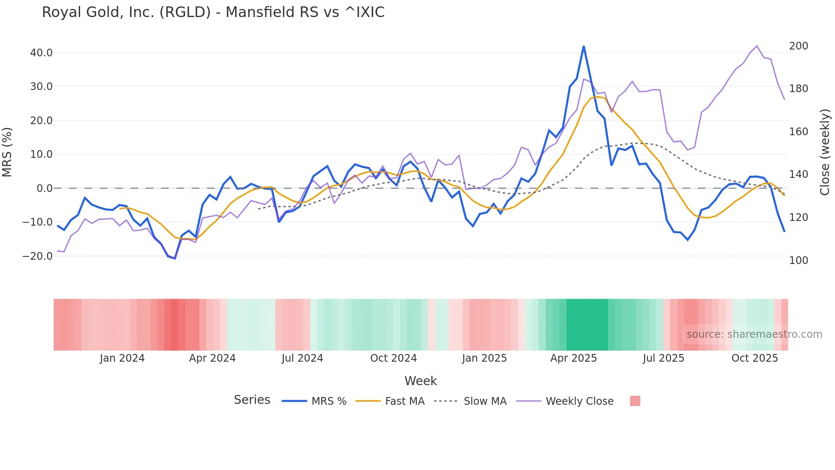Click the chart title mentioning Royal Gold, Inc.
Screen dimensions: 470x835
pos(213,12)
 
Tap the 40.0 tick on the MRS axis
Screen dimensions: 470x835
pos(41,53)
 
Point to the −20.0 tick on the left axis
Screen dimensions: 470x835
pos(37,256)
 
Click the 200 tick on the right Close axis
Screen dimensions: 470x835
pos(798,46)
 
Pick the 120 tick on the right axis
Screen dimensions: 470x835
pos(798,218)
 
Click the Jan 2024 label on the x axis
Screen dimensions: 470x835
pos(122,358)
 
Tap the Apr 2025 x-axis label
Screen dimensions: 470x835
pos(573,358)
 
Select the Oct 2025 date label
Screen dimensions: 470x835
pos(754,358)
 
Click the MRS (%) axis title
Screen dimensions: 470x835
pos(7,152)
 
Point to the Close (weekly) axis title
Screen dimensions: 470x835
pos(825,152)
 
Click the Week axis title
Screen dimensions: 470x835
pos(420,381)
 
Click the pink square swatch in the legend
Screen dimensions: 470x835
pos(635,401)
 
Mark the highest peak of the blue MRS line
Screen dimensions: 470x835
pos(583,46)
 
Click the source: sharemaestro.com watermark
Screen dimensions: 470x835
pos(754,334)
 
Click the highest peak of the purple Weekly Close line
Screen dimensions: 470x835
pos(757,46)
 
